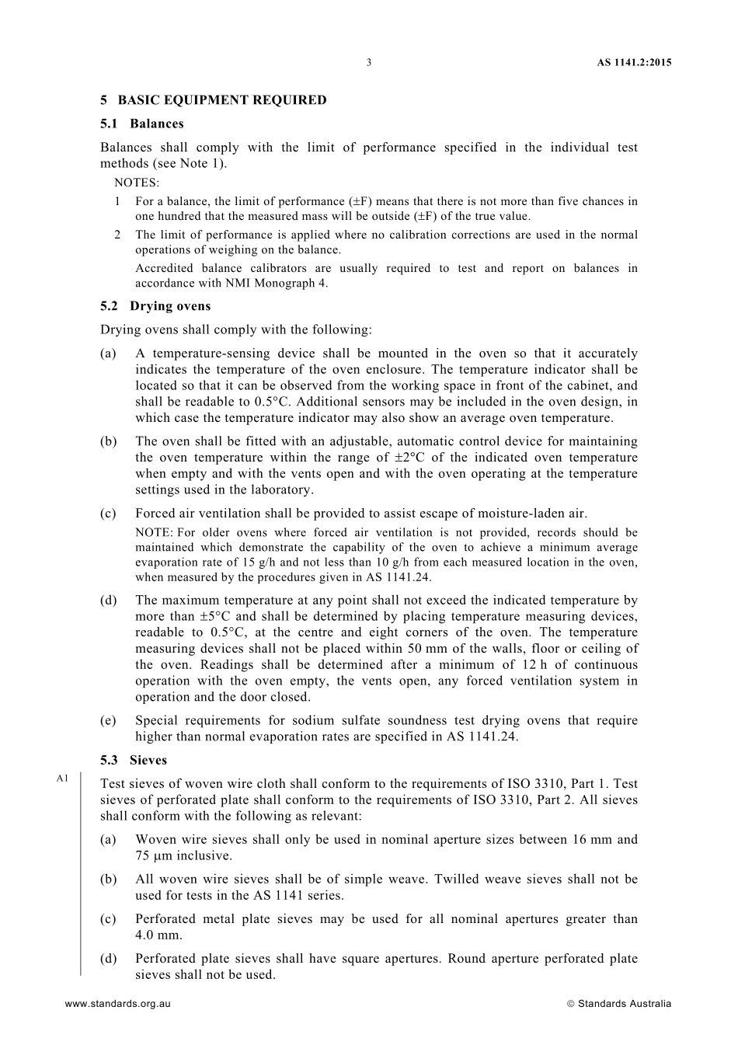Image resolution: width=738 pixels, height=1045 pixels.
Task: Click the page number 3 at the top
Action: (369, 63)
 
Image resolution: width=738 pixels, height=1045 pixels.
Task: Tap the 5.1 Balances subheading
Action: (142, 124)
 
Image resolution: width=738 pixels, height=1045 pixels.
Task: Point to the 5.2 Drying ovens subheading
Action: (155, 306)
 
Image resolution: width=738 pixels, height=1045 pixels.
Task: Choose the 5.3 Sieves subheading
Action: (134, 760)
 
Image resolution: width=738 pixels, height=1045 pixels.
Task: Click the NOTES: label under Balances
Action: (137, 183)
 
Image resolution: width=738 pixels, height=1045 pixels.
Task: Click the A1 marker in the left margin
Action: (63, 778)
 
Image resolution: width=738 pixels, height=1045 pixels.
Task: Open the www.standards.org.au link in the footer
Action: (118, 1004)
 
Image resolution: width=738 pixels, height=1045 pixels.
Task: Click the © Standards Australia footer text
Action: (619, 1004)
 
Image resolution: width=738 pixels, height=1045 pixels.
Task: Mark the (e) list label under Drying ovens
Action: (108, 721)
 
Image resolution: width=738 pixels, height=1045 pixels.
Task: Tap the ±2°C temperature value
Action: (406, 458)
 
